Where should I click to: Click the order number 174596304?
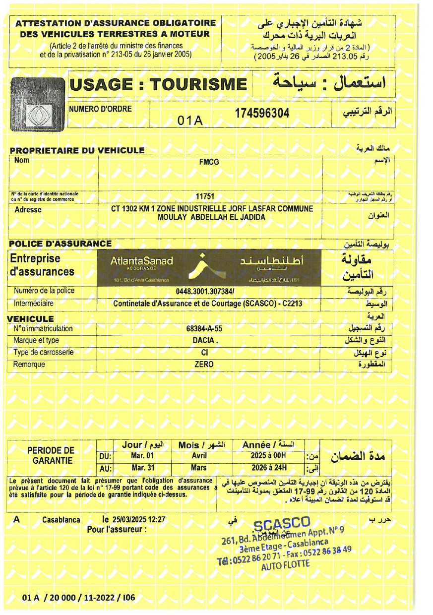pos(262,113)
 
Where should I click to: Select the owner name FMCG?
pos(209,162)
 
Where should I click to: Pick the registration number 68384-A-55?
pos(204,328)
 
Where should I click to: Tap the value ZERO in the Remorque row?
pos(204,364)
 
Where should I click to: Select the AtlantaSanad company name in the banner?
pos(142,261)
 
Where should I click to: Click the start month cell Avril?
pos(199,455)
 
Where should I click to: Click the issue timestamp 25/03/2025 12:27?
pos(139,520)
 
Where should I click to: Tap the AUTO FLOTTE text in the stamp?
pos(285,564)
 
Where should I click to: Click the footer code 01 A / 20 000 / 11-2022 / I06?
pos(78,598)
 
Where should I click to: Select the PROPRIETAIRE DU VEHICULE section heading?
pos(77,150)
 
